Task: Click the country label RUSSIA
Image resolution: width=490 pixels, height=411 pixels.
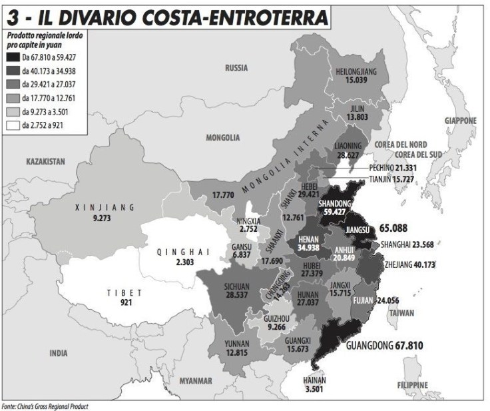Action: pyautogui.click(x=236, y=68)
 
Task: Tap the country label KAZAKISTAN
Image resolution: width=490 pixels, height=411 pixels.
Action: pyautogui.click(x=45, y=161)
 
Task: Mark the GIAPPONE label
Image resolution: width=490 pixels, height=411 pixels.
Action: pyautogui.click(x=461, y=121)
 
